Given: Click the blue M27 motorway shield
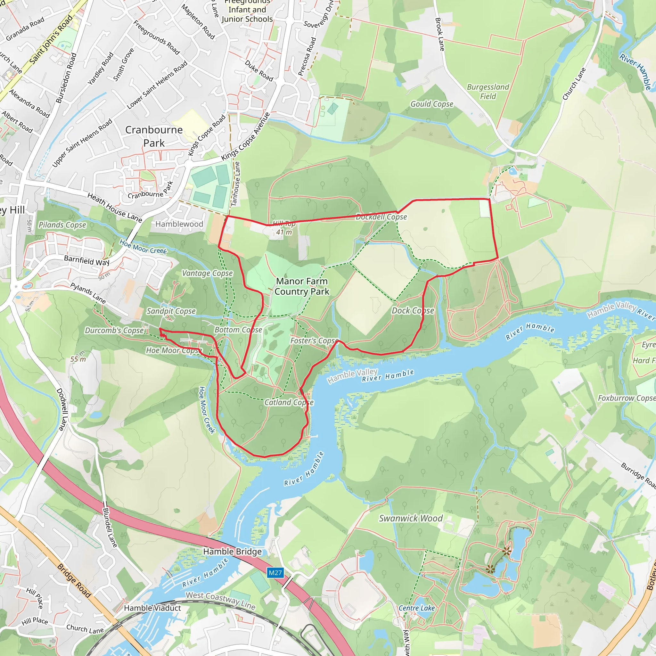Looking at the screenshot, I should tap(275, 573).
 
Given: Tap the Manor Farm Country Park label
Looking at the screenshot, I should tap(302, 286).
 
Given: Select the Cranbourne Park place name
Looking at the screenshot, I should tap(154, 136).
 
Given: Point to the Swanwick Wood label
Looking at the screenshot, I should tap(411, 518).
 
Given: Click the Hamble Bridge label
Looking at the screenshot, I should tap(233, 552).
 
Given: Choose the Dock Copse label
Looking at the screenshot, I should tap(413, 310).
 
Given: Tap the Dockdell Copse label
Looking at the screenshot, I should tap(381, 217).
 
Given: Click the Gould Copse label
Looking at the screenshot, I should tap(431, 104).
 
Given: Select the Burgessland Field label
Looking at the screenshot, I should tap(488, 92).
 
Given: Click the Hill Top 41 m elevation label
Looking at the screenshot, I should tap(284, 228).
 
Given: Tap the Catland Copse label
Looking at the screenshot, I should tap(289, 402).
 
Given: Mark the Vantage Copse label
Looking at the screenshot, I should tap(207, 273).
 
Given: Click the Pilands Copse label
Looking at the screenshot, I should tap(62, 225).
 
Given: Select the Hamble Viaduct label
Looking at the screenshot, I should tap(152, 608).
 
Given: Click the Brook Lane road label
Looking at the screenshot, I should tap(440, 34).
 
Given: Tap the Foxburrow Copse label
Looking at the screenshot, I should tap(626, 398).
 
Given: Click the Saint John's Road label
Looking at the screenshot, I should tap(51, 40).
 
